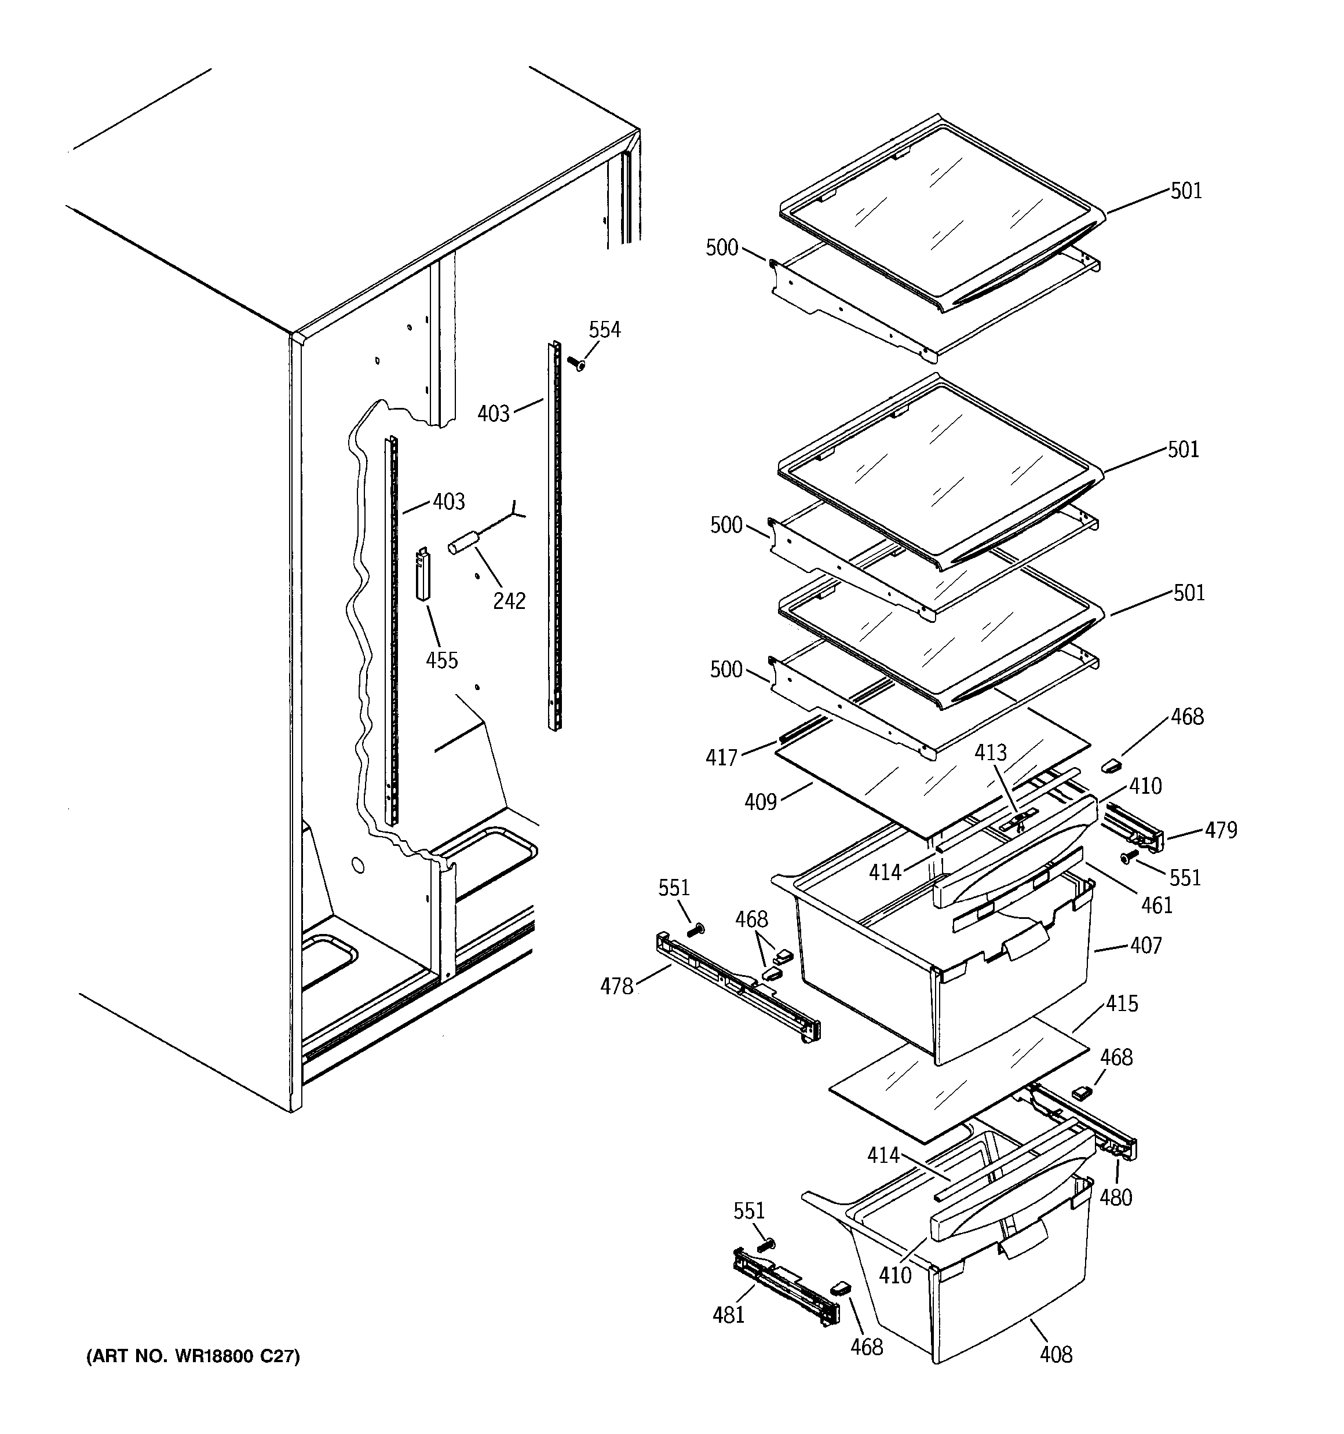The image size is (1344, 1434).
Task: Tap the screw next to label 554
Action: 576,363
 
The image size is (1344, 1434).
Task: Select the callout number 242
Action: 509,600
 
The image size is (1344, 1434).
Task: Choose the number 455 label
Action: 441,660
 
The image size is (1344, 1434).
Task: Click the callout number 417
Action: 721,757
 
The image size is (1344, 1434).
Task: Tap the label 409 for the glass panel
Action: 761,801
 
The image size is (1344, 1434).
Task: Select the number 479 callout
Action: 1221,831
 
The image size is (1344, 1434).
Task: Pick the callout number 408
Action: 1056,1355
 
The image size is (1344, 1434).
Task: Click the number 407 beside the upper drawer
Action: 1146,946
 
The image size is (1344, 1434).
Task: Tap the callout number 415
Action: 1122,1004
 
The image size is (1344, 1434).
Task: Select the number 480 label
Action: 1115,1198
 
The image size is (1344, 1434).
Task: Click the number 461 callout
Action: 1157,905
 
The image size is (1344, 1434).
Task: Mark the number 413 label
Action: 991,753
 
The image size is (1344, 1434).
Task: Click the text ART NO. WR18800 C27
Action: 192,1356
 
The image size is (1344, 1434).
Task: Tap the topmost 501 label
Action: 1186,191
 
